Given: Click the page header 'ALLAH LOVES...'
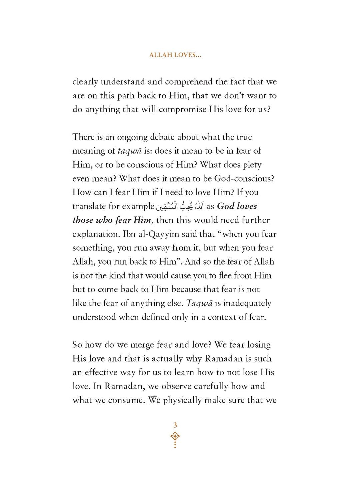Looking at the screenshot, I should pyautogui.click(x=175, y=55).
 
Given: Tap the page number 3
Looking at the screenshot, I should pyautogui.click(x=175, y=425).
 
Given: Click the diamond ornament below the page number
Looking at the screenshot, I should pyautogui.click(x=175, y=436).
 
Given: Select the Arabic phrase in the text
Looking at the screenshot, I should pyautogui.click(x=180, y=206).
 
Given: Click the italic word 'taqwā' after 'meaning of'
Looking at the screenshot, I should pyautogui.click(x=129, y=151).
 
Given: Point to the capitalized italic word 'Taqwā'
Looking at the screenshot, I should pyautogui.click(x=199, y=303).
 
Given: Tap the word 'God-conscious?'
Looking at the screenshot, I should pyautogui.click(x=244, y=179).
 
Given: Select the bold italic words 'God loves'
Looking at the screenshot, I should pyautogui.click(x=237, y=206).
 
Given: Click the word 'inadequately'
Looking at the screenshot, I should pyautogui.click(x=247, y=303).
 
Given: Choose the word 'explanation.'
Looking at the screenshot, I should pyautogui.click(x=96, y=234).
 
